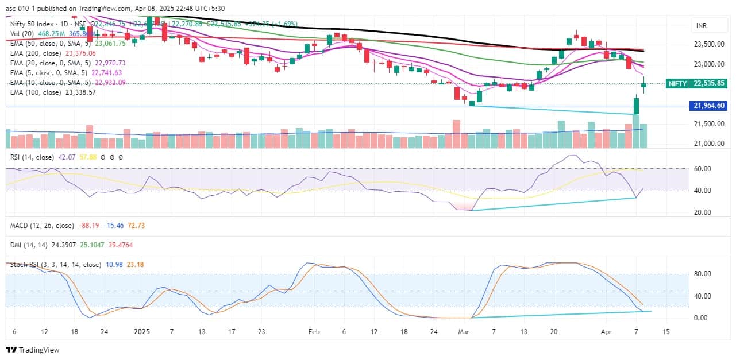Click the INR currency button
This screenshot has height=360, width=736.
pyautogui.click(x=701, y=26)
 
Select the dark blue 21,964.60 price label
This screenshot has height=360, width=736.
pyautogui.click(x=710, y=106)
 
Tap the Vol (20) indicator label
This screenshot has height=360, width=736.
pyautogui.click(x=22, y=34)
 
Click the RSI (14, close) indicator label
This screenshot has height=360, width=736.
pyautogui.click(x=32, y=157)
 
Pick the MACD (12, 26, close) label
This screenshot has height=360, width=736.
pyautogui.click(x=41, y=226)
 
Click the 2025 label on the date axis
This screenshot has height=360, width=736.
pyautogui.click(x=141, y=332)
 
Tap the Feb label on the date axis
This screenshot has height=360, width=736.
pyautogui.click(x=313, y=332)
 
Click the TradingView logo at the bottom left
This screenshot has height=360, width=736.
pyautogui.click(x=33, y=350)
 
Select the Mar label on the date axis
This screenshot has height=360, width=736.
pyautogui.click(x=463, y=332)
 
